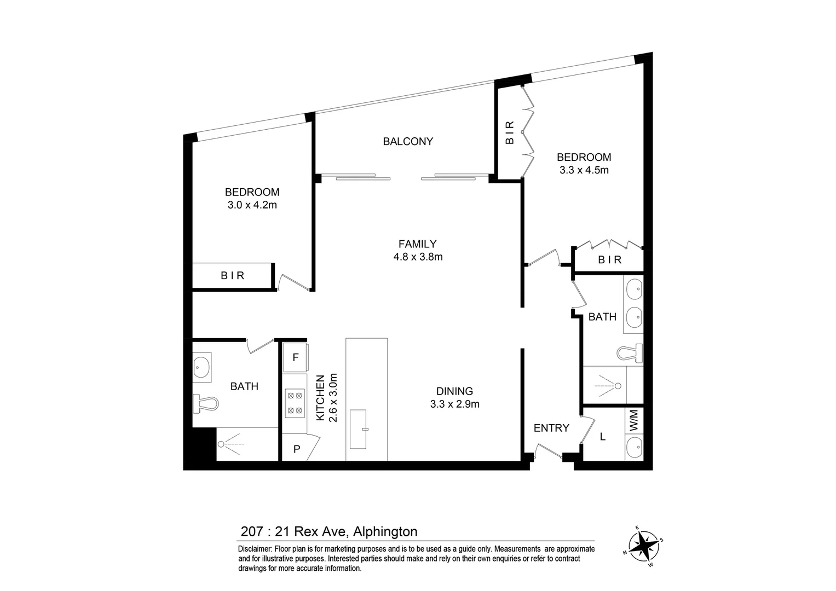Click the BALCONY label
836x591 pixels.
point(408,141)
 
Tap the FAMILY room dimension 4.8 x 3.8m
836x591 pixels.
point(418,257)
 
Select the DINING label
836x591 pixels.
point(454,391)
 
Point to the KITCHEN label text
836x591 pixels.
point(321,398)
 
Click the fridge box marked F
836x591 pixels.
point(295,357)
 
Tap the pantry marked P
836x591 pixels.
point(296,449)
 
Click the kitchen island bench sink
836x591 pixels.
point(360,428)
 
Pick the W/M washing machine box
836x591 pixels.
point(634,420)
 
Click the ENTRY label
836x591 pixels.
point(551,428)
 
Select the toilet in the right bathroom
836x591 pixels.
point(630,353)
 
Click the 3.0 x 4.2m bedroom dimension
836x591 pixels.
point(252,205)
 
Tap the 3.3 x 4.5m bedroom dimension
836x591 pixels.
point(584,170)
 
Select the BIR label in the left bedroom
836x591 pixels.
point(233,276)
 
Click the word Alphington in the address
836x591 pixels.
point(385,531)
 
